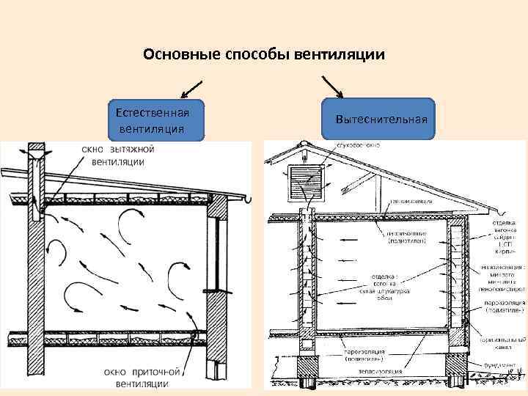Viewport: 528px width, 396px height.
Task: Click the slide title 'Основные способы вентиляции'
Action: click(264, 55)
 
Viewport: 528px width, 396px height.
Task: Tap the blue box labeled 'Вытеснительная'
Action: click(382, 119)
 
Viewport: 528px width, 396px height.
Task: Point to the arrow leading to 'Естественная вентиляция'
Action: click(191, 87)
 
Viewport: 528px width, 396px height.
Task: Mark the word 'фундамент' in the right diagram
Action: click(499, 364)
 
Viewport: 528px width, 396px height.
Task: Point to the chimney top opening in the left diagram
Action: click(37, 150)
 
